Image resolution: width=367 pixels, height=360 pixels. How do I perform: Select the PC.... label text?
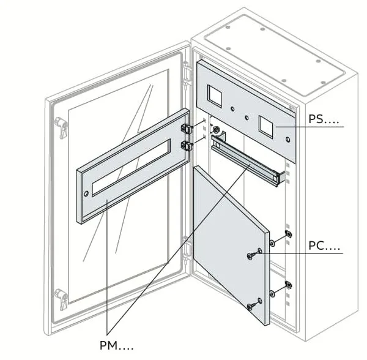point(324,247)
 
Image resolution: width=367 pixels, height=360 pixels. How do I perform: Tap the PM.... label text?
point(116,346)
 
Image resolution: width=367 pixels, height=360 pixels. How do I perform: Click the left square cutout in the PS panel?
point(217,94)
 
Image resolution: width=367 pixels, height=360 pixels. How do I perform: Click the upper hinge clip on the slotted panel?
point(187,129)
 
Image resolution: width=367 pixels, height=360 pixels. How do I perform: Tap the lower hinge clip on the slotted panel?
point(187,145)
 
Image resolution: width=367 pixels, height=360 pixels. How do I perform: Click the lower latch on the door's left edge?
point(61,298)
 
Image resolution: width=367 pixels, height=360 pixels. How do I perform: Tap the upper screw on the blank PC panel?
point(252,255)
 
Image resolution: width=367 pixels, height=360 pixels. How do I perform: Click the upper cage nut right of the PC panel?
point(289,235)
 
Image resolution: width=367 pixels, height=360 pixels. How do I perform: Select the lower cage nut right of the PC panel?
point(289,285)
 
